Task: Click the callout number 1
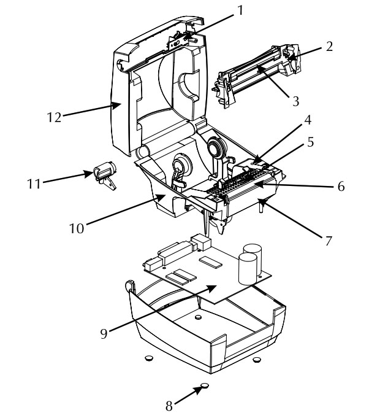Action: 240,10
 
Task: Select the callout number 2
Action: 329,47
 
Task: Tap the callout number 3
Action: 295,101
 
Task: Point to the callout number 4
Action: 308,120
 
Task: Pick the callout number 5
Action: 311,142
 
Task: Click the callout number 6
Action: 341,187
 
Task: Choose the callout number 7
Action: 329,241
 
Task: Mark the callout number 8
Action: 169,406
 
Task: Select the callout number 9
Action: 104,333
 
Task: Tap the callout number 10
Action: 77,228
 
